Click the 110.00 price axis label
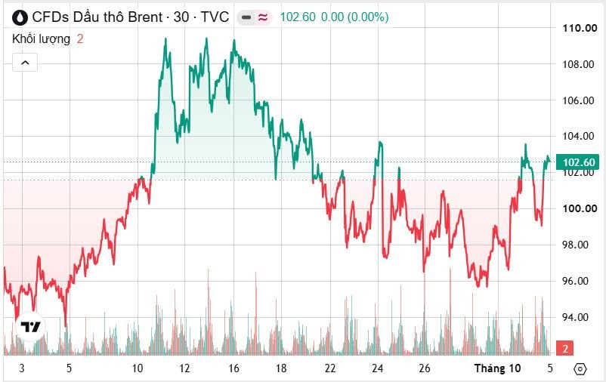click(580, 28)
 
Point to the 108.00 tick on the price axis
click(578, 64)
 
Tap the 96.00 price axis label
click(575, 281)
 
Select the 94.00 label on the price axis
click(575, 317)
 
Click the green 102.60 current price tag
click(578, 162)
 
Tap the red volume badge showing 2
click(565, 348)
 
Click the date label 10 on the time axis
click(138, 368)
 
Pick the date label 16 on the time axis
click(233, 368)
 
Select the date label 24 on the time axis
click(378, 368)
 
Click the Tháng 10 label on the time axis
click(498, 368)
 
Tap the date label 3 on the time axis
click(22, 368)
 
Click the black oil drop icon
click(20, 17)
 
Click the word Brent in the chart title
click(145, 17)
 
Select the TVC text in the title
click(215, 17)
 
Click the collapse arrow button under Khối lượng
click(25, 62)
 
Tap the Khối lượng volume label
click(42, 39)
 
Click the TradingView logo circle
click(30, 327)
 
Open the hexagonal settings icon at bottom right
click(580, 369)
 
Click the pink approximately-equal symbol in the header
click(263, 17)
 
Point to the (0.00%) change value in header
click(368, 17)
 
